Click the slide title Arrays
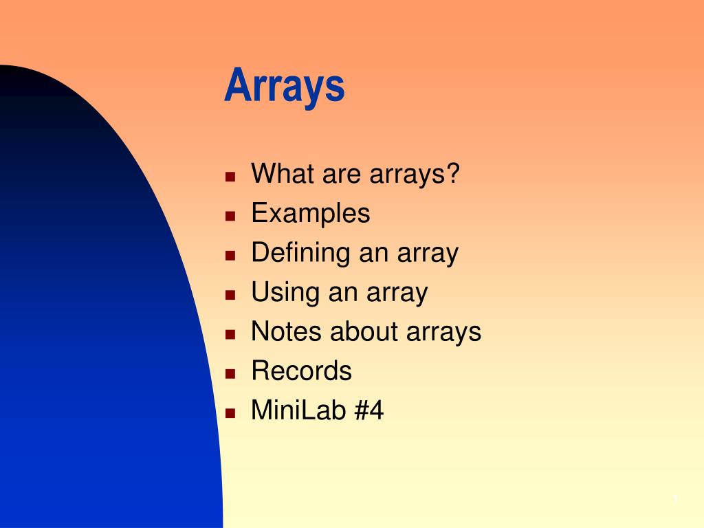pyautogui.click(x=285, y=86)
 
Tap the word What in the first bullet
pyautogui.click(x=282, y=173)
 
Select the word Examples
pyautogui.click(x=311, y=213)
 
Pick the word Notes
pyautogui.click(x=287, y=331)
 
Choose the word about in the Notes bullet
pyautogui.click(x=364, y=331)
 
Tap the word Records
pyautogui.click(x=302, y=371)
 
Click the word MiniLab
pyautogui.click(x=298, y=410)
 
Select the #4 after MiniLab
pyautogui.click(x=369, y=410)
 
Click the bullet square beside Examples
pyautogui.click(x=230, y=216)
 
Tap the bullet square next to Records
pyautogui.click(x=230, y=373)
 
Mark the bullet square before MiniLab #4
pyautogui.click(x=230, y=413)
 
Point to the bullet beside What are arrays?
pyautogui.click(x=230, y=177)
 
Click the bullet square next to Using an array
pyautogui.click(x=230, y=295)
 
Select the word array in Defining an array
pyautogui.click(x=428, y=255)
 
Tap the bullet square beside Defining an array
pyautogui.click(x=230, y=256)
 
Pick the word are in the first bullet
pyautogui.click(x=342, y=176)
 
